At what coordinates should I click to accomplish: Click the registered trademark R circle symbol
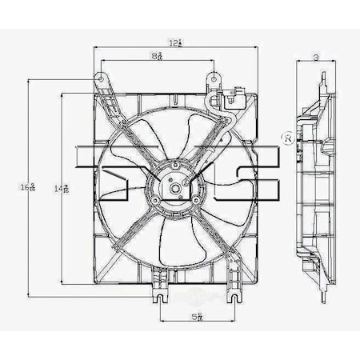pos(286,138)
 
